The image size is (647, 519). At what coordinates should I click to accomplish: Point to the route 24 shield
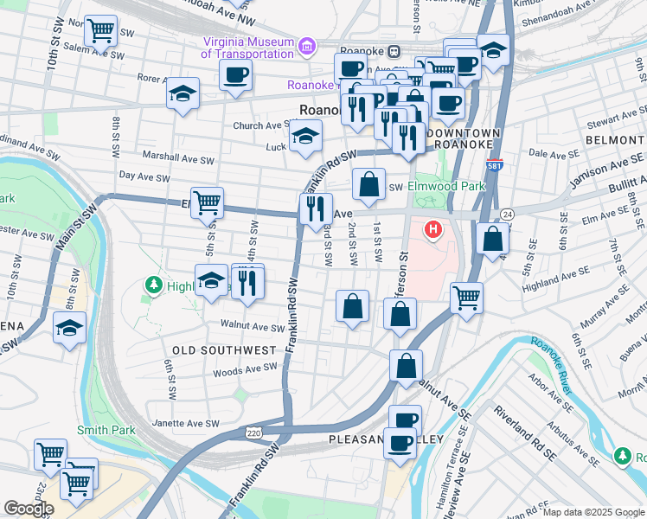507,214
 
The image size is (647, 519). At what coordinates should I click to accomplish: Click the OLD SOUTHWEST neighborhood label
223,350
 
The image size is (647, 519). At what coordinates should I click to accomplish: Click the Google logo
29,509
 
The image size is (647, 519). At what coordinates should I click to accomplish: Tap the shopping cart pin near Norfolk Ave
101,31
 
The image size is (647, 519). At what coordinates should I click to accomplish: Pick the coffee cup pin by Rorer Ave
235,74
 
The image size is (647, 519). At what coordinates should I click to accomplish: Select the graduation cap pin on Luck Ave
305,136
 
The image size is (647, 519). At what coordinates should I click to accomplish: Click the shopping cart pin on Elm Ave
207,202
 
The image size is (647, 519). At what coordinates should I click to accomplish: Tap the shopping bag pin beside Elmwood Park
368,183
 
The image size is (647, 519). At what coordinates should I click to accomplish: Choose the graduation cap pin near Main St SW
69,328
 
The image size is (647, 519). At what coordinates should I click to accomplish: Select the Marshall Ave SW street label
178,159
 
